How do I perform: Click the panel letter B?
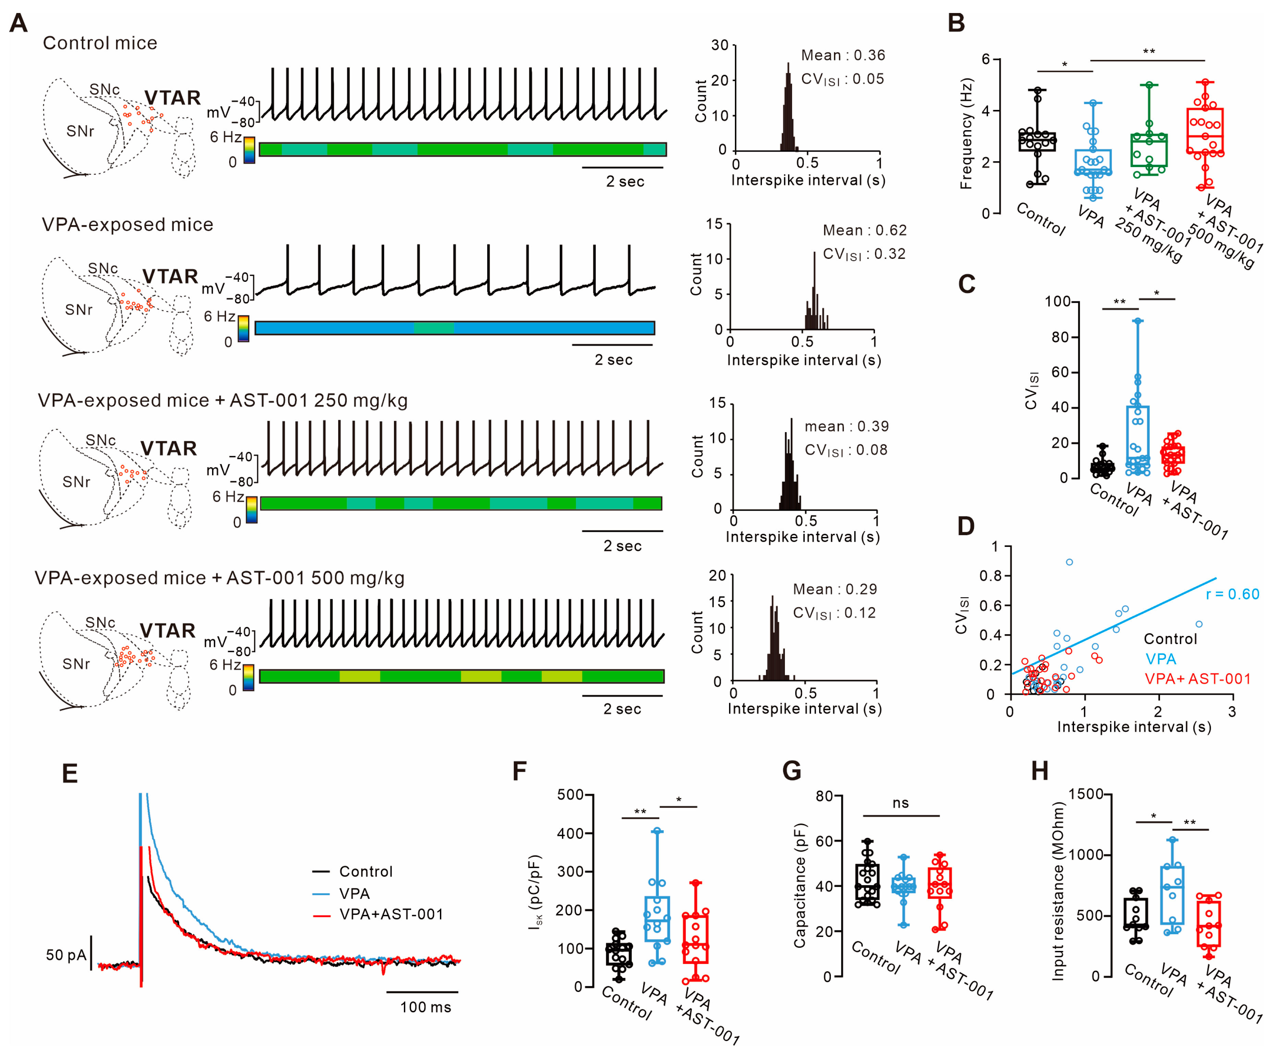pyautogui.click(x=956, y=23)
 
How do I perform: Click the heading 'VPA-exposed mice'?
pyautogui.click(x=127, y=225)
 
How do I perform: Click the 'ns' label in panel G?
pyautogui.click(x=900, y=803)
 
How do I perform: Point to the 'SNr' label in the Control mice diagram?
pyautogui.click(x=81, y=131)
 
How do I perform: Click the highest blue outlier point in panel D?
pyautogui.click(x=1069, y=562)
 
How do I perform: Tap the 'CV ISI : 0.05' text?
pyautogui.click(x=842, y=79)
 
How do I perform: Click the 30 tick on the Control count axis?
pyautogui.click(x=719, y=45)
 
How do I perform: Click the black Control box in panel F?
pyautogui.click(x=619, y=954)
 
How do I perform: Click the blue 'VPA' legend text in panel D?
pyautogui.click(x=1160, y=659)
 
